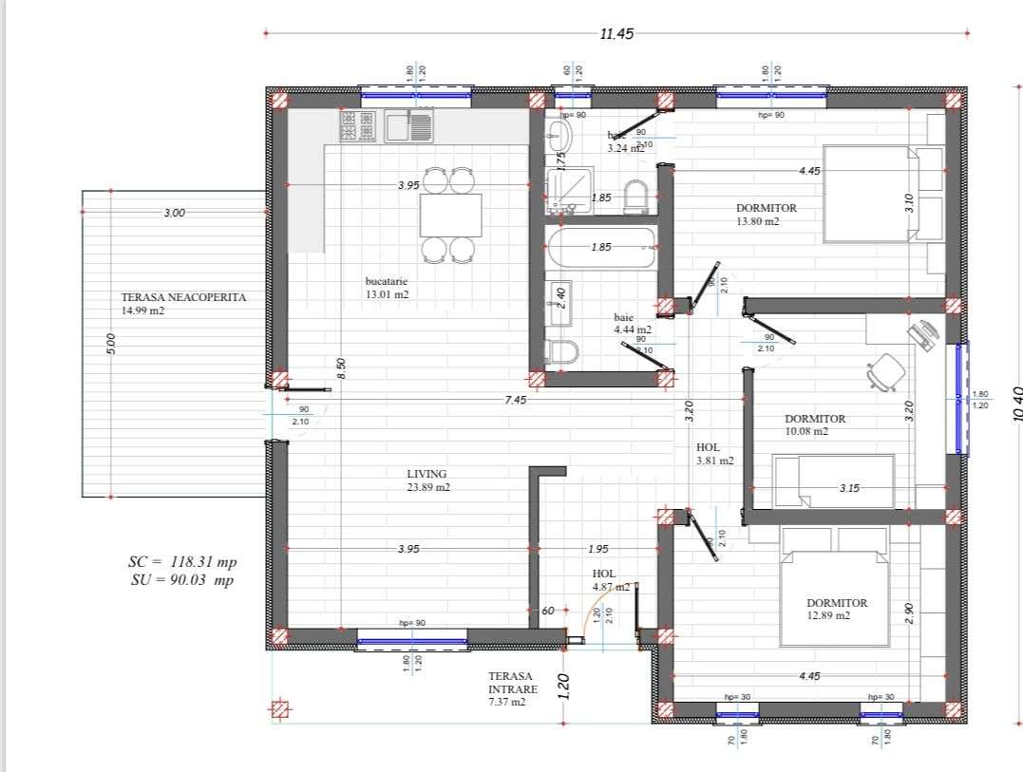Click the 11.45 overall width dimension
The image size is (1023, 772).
click(616, 33)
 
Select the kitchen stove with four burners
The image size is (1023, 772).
click(358, 125)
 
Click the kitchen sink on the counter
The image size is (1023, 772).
click(409, 125)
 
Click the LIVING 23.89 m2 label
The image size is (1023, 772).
click(427, 480)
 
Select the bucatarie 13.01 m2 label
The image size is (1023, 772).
click(388, 287)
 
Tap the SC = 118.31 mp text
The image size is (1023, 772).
click(183, 562)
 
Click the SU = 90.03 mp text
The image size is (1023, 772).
click(182, 580)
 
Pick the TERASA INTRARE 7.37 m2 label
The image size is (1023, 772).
click(513, 689)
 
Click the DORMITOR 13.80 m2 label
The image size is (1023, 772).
click(766, 214)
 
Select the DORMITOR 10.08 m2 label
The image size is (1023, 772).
click(814, 424)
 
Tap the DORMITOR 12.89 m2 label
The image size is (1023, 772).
click(837, 608)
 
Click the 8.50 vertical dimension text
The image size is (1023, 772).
click(341, 368)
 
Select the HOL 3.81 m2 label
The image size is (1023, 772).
click(713, 453)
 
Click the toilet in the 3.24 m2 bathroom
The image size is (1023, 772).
click(635, 196)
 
